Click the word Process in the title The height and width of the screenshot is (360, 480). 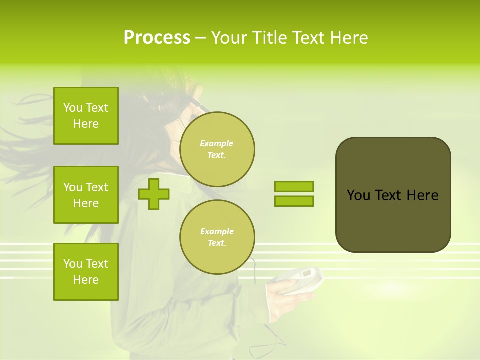[x=157, y=38]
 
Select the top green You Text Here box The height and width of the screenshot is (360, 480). [x=86, y=116]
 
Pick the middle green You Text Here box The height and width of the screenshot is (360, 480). [x=86, y=195]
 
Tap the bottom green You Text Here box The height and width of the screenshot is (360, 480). [x=86, y=271]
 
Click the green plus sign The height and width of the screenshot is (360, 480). [x=154, y=194]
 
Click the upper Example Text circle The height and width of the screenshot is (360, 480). [x=217, y=149]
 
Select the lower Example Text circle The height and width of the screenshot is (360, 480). [x=217, y=237]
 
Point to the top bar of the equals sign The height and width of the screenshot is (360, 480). [x=294, y=186]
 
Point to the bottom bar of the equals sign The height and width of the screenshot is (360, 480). [x=294, y=201]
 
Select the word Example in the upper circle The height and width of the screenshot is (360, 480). [x=216, y=143]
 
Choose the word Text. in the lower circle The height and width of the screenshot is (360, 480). [x=217, y=243]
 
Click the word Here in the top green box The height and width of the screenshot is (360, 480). [x=86, y=124]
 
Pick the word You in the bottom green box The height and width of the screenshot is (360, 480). [x=72, y=263]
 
